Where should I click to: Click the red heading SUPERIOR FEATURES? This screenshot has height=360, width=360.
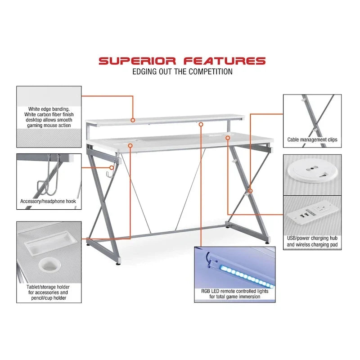pyautogui.click(x=182, y=61)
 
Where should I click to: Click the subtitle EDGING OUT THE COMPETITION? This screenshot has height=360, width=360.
pyautogui.click(x=182, y=72)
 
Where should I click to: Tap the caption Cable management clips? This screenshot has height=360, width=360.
pyautogui.click(x=312, y=139)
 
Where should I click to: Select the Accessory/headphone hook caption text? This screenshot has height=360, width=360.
pyautogui.click(x=48, y=201)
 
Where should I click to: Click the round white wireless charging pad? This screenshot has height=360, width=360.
pyautogui.click(x=312, y=171)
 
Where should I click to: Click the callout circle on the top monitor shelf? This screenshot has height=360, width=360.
pyautogui.click(x=133, y=120)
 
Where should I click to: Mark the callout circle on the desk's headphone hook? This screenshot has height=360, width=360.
pyautogui.click(x=111, y=167)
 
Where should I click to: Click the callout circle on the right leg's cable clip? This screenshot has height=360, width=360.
pyautogui.click(x=251, y=191)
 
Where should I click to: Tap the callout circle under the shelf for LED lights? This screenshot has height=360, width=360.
pyautogui.click(x=201, y=125)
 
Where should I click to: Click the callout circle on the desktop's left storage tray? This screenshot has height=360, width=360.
pyautogui.click(x=130, y=145)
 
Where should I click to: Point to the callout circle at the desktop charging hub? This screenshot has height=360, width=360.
pyautogui.click(x=228, y=138)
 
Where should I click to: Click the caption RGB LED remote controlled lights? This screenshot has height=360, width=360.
pyautogui.click(x=234, y=291)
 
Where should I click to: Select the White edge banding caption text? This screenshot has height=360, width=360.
pyautogui.click(x=49, y=117)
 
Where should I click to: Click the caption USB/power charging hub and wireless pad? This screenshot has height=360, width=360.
pyautogui.click(x=312, y=241)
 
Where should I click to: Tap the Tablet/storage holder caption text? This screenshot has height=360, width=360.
pyautogui.click(x=48, y=292)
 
